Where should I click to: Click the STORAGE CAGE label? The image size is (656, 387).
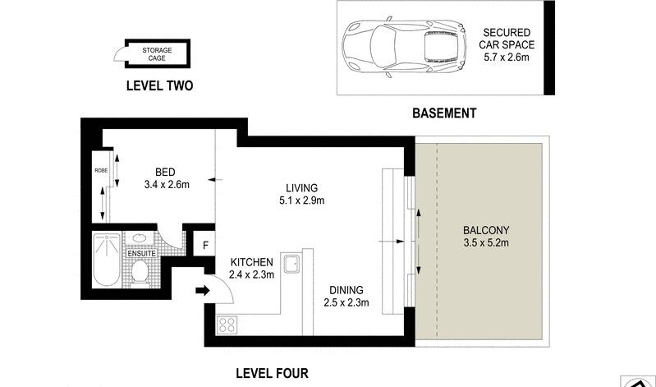(157, 54)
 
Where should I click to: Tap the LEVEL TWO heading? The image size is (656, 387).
(159, 85)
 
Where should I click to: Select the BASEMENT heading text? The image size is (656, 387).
(444, 113)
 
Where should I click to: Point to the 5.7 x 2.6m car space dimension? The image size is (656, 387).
(507, 57)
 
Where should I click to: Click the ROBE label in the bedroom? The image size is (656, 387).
(101, 170)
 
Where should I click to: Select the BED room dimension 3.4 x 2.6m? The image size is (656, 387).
(167, 184)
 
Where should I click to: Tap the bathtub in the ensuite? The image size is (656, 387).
(107, 260)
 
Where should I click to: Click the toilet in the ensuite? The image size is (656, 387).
(140, 273)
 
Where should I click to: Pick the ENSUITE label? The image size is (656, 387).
(141, 253)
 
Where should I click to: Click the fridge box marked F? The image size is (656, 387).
(205, 245)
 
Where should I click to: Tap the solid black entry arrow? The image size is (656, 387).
(203, 290)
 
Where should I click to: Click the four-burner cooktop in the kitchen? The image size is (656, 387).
(227, 325)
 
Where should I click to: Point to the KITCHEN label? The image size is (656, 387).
(252, 263)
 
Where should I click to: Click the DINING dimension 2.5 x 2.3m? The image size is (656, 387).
(346, 302)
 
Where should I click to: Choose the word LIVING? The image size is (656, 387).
(301, 188)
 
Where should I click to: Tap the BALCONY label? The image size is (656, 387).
(486, 230)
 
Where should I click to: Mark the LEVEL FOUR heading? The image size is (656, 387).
(272, 373)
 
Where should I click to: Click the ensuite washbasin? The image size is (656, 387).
(140, 239)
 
